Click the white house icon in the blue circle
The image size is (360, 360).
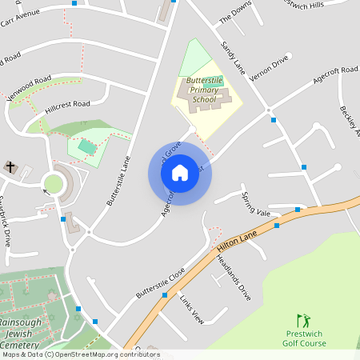180,172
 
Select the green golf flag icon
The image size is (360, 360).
303,320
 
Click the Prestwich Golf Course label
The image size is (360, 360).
304,338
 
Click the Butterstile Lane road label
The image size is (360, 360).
118,181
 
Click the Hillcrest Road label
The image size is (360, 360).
68,104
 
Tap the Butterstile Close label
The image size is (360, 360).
160,282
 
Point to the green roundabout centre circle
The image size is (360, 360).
53,184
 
